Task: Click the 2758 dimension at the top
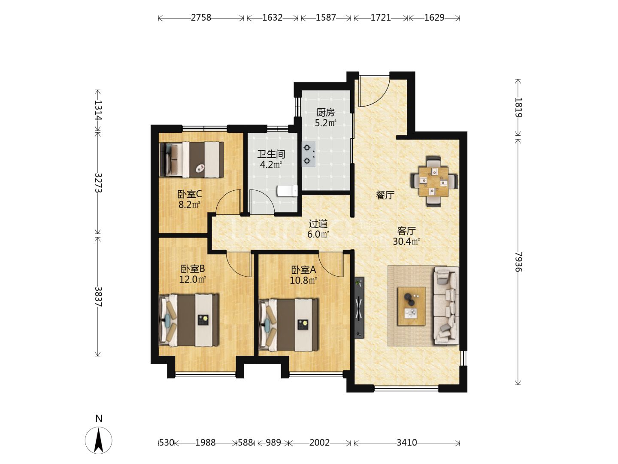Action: (201, 18)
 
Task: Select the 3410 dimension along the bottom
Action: (406, 443)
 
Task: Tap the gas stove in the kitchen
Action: (308, 154)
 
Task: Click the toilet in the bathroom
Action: (287, 191)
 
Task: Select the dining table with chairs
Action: (433, 181)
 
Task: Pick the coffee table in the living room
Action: (411, 306)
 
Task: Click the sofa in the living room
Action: (446, 305)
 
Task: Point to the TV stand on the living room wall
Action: (359, 308)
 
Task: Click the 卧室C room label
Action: (190, 194)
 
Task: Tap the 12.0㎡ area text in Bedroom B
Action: (193, 279)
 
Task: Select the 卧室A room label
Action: (303, 270)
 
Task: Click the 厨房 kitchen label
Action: (325, 113)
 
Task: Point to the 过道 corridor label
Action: (318, 224)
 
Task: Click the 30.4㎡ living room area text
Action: (406, 241)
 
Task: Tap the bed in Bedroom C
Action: (192, 160)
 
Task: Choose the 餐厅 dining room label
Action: (385, 195)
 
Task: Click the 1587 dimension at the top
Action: (326, 18)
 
